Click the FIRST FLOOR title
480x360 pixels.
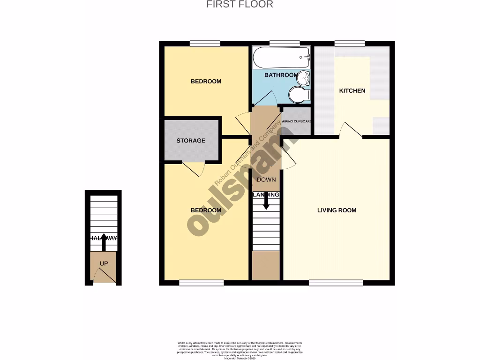pyautogui.click(x=240, y=5)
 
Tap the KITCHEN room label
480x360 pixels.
pyautogui.click(x=352, y=90)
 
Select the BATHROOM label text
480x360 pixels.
pyautogui.click(x=281, y=75)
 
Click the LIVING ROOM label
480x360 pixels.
pyautogui.click(x=337, y=210)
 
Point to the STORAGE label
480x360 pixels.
pyautogui.click(x=191, y=141)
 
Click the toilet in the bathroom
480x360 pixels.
pyautogui.click(x=298, y=95)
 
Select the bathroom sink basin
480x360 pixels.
pyautogui.click(x=305, y=77)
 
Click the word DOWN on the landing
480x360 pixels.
pyautogui.click(x=266, y=180)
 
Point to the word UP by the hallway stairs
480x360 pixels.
pyautogui.click(x=104, y=264)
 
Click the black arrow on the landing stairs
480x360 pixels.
pyautogui.click(x=266, y=202)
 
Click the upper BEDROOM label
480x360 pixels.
pyautogui.click(x=205, y=82)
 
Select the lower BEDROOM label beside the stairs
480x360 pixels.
pyautogui.click(x=205, y=210)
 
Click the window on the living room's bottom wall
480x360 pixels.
pyautogui.click(x=336, y=282)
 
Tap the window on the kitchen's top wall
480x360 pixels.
pyautogui.click(x=350, y=44)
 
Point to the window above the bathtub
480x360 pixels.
pyautogui.click(x=285, y=44)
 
